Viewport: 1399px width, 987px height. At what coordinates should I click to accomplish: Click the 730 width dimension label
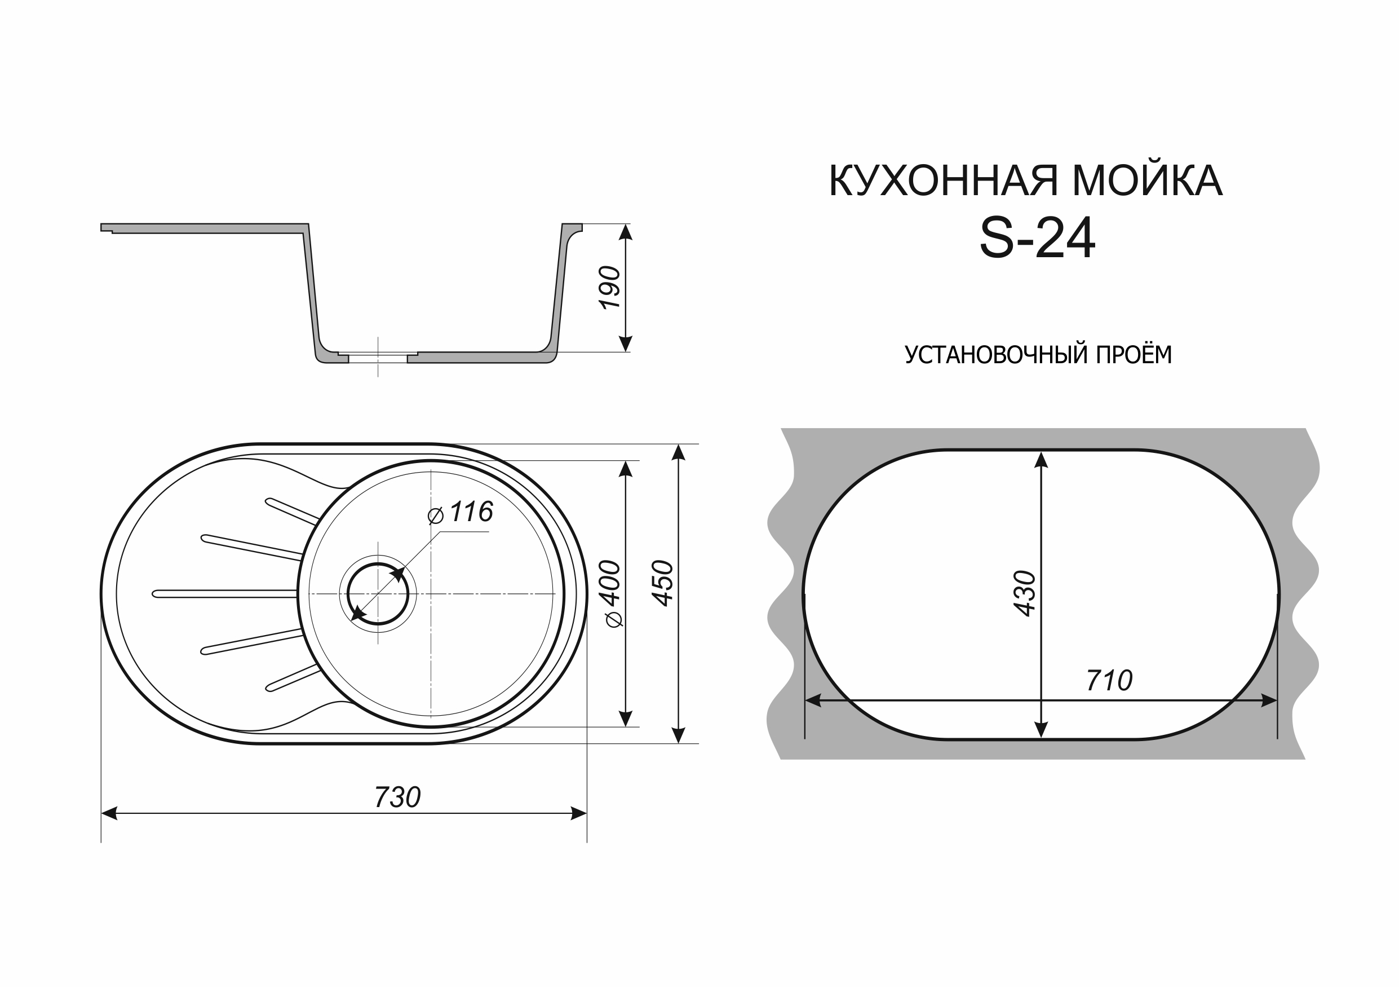click(x=397, y=797)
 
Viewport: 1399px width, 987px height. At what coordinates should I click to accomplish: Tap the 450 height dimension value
click(x=663, y=583)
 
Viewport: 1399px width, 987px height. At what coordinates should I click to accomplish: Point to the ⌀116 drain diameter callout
click(x=461, y=513)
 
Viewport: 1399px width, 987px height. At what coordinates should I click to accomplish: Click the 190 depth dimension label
click(x=610, y=288)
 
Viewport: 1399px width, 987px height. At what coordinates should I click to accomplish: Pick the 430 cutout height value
click(x=1025, y=593)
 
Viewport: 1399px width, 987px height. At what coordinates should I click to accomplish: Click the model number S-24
click(x=1037, y=240)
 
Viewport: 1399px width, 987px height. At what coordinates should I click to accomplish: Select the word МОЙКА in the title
click(x=1148, y=181)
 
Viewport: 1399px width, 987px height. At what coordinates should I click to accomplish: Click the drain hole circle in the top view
click(x=378, y=594)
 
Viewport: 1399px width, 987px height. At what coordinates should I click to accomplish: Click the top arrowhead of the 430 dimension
click(x=1041, y=460)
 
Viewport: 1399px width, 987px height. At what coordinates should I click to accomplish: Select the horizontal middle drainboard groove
click(x=225, y=594)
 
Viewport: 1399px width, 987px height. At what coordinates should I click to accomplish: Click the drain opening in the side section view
click(x=378, y=358)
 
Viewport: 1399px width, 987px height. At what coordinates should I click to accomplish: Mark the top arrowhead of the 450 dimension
click(x=678, y=452)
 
